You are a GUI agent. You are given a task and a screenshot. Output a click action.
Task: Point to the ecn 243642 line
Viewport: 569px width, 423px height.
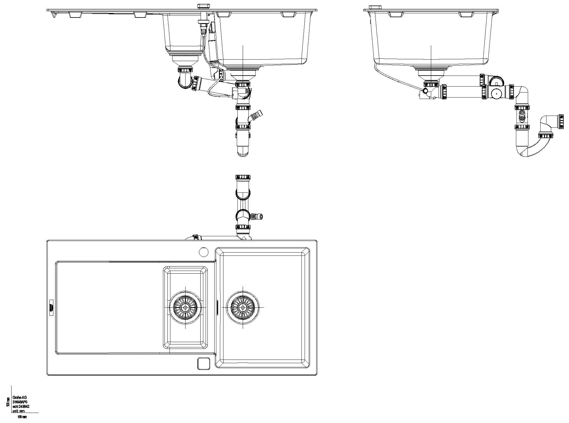click(21, 407)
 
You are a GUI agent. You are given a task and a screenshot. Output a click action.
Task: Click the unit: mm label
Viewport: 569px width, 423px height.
click(18, 411)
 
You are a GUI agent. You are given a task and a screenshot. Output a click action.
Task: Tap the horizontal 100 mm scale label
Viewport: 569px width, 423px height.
click(22, 417)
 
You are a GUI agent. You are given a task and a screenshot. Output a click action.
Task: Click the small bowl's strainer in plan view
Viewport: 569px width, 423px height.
click(186, 307)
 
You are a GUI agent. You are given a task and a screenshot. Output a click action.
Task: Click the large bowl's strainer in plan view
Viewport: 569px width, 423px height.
click(243, 307)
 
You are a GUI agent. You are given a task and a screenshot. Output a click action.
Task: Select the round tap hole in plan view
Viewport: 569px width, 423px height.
click(204, 252)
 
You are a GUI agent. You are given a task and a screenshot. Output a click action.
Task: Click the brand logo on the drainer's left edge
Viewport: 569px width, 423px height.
click(51, 308)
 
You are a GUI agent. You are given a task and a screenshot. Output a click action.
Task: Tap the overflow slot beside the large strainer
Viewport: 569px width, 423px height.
click(218, 307)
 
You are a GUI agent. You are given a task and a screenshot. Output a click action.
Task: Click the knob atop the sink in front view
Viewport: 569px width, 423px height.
click(203, 6)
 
